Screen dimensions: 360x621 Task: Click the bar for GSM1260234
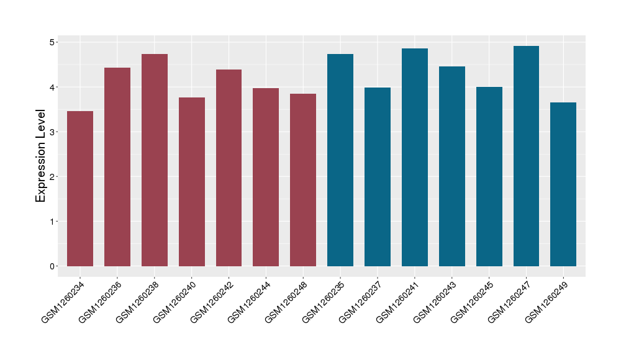(80, 189)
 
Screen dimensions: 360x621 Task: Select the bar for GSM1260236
(117, 167)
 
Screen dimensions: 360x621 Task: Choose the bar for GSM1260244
(266, 178)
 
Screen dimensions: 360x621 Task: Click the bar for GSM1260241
(415, 158)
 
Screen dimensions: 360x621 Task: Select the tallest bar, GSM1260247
(526, 156)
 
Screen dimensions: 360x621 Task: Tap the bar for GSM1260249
(563, 184)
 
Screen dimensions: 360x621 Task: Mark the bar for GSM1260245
(489, 177)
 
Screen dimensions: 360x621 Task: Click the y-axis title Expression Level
(41, 156)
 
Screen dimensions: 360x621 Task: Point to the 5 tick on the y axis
(54, 42)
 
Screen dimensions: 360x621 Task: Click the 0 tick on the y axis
(54, 266)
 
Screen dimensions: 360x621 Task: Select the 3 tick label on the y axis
(54, 132)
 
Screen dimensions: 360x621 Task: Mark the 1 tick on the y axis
(54, 222)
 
